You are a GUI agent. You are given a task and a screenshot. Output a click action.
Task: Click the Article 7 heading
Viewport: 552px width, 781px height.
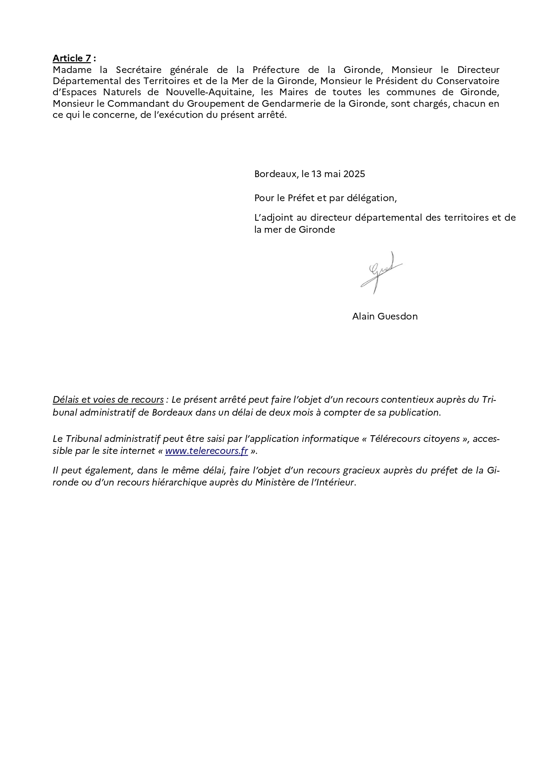(x=72, y=58)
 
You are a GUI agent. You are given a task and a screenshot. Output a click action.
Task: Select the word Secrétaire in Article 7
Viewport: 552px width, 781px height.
(x=140, y=70)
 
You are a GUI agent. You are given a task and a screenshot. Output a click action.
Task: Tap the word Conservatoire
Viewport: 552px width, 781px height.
(x=467, y=81)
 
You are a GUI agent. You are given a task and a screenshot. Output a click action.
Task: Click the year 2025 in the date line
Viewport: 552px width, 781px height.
(x=354, y=174)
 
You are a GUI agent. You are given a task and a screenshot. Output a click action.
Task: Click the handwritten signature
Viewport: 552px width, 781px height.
(x=381, y=272)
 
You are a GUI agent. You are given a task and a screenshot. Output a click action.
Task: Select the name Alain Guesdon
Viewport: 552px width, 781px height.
(x=385, y=316)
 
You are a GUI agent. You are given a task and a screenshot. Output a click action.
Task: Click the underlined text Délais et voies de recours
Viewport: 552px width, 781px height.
(x=108, y=400)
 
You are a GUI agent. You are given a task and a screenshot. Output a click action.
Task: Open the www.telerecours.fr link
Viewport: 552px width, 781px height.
(x=206, y=451)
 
